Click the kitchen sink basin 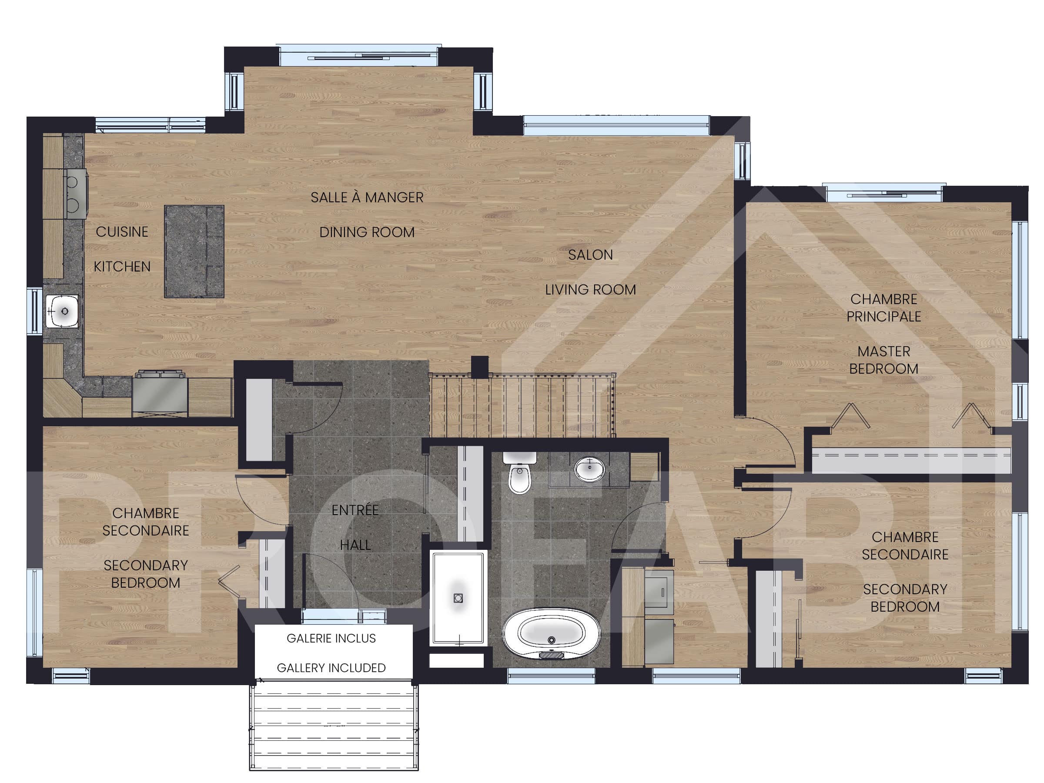[x=62, y=311]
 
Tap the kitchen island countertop [x=194, y=251]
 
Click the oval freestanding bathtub [x=551, y=634]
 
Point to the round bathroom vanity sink [x=589, y=468]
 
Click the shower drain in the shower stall [x=458, y=598]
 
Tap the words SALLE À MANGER [x=367, y=197]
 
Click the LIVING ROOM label [x=590, y=289]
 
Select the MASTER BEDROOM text [x=883, y=360]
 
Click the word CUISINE [x=122, y=232]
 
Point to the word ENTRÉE [x=355, y=510]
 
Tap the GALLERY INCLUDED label [x=331, y=668]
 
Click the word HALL [x=355, y=545]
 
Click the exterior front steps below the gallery [x=334, y=727]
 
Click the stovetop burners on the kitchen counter [x=73, y=194]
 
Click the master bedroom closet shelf [x=911, y=460]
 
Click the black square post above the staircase [x=479, y=367]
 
